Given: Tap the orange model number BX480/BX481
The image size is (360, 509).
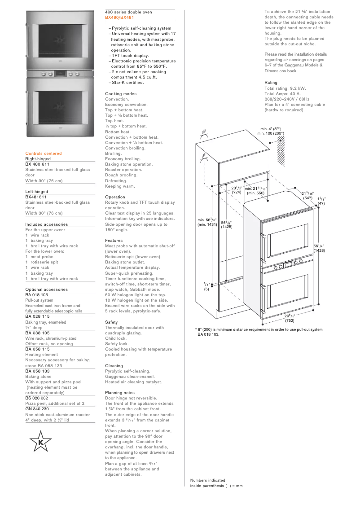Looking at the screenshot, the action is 119,18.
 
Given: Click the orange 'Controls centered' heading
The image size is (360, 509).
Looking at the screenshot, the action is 44,154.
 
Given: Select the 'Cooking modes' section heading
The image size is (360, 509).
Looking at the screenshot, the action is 121,94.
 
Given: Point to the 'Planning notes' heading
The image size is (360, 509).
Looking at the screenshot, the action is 120,393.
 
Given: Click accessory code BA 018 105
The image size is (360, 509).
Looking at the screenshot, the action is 37,295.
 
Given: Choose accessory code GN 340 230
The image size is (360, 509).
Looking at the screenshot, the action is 37,409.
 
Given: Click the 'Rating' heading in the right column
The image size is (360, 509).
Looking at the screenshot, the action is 271,83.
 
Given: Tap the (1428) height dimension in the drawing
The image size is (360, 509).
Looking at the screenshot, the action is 319,250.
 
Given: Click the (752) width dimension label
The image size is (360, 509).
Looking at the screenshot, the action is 290,320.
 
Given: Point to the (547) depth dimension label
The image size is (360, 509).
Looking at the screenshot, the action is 307,198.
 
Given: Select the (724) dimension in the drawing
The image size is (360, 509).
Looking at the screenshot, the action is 237,192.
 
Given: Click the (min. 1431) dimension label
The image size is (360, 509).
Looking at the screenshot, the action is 207,224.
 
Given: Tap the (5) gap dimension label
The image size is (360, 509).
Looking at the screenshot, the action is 206,290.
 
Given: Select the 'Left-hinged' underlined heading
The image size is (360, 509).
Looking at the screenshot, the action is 36,192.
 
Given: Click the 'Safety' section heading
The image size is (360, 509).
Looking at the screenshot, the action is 111,322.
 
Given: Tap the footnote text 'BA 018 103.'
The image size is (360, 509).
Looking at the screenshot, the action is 209,334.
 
